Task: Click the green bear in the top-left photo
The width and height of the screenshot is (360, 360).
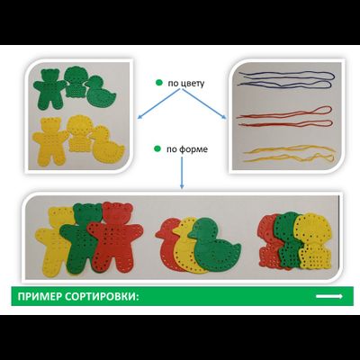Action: pos(49,89)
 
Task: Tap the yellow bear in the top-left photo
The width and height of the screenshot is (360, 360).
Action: pos(50,141)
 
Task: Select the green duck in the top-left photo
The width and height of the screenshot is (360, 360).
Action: pos(102,93)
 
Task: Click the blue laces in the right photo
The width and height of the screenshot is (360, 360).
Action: pos(287,79)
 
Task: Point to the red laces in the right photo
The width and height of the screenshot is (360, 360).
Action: pos(285,118)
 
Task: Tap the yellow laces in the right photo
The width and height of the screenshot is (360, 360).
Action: pos(290,153)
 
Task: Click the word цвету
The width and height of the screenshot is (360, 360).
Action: pos(193,83)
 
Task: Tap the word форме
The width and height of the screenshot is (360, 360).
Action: pos(193,149)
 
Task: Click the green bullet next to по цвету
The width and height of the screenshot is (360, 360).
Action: pos(159,82)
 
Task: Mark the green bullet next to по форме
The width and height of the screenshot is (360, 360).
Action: pos(157,148)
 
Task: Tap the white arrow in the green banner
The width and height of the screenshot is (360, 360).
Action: pos(329,296)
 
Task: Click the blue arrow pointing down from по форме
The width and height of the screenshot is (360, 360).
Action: pos(182,173)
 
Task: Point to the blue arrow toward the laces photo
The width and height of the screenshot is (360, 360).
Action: pos(204,104)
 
